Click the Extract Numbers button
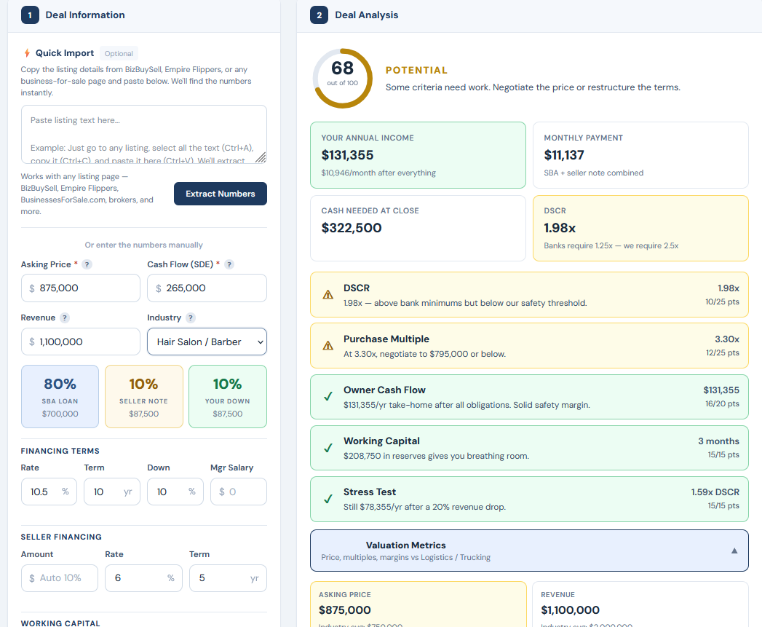[220, 194]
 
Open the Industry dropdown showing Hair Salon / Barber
[207, 342]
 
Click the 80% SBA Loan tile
[60, 396]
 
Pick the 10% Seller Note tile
[143, 396]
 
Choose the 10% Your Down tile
[227, 396]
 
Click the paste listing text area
[143, 134]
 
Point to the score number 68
[342, 68]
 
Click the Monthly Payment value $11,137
[564, 155]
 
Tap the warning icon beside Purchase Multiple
[328, 346]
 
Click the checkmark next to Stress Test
[328, 499]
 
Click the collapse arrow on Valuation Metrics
[734, 551]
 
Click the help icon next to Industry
[191, 318]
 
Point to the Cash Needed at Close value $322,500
[352, 228]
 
